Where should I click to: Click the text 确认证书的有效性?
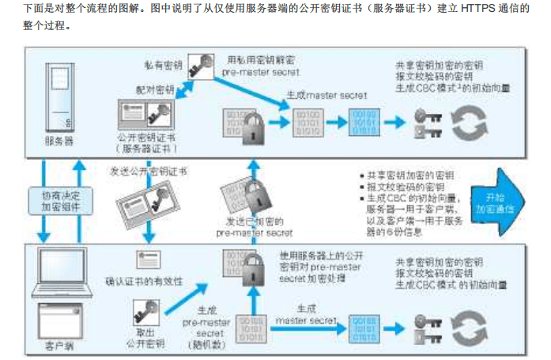148,278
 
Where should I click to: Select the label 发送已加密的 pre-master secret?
255,228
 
